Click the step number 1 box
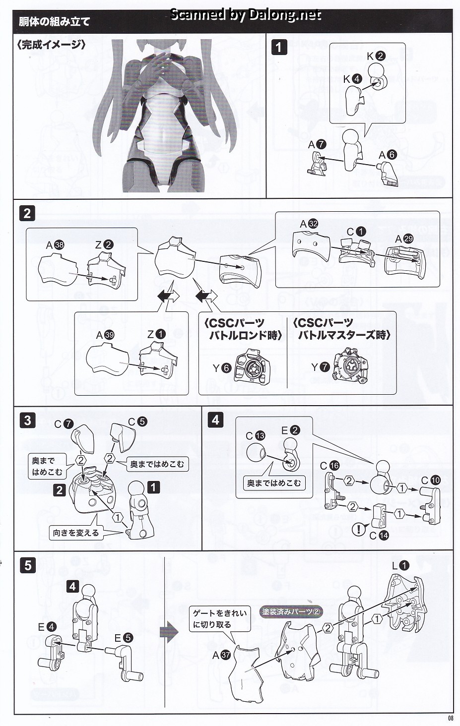point(280,47)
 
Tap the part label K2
point(376,56)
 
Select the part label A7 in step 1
point(317,144)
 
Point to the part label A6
point(388,155)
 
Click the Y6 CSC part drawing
point(253,366)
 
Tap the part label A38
point(55,244)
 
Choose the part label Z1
point(155,334)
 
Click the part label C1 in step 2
point(356,232)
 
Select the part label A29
point(404,239)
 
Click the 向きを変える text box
point(76,533)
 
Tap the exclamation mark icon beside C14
point(359,530)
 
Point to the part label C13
point(256,436)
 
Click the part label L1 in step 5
point(400,565)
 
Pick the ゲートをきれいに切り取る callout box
point(219,619)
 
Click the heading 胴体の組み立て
point(54,22)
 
